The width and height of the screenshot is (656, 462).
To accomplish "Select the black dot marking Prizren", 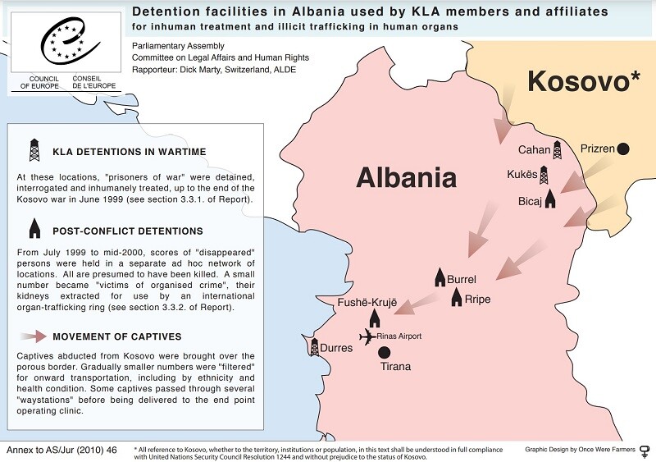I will pyautogui.click(x=623, y=149).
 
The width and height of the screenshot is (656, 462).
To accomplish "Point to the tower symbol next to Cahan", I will pyautogui.click(x=558, y=149).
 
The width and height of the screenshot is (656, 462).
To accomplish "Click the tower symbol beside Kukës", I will pyautogui.click(x=544, y=175).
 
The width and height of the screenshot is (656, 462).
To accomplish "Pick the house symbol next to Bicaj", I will pyautogui.click(x=549, y=199).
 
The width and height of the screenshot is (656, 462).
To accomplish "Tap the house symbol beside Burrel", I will pyautogui.click(x=440, y=277).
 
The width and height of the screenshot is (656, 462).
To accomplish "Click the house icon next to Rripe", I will pyautogui.click(x=457, y=298).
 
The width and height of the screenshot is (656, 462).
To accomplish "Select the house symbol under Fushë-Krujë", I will pyautogui.click(x=375, y=318).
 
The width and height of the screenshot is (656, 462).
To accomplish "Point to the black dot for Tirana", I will pyautogui.click(x=384, y=352).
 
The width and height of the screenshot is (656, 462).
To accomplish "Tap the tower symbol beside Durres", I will pyautogui.click(x=314, y=347).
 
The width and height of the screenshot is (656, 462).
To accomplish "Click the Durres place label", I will pyautogui.click(x=336, y=348).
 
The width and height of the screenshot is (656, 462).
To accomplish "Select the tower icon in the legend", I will pyautogui.click(x=34, y=151).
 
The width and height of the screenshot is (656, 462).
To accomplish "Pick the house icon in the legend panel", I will pyautogui.click(x=34, y=229).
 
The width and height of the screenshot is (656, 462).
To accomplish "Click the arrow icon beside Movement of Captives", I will pyautogui.click(x=34, y=336).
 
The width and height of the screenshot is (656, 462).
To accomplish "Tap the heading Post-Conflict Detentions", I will pyautogui.click(x=128, y=231).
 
